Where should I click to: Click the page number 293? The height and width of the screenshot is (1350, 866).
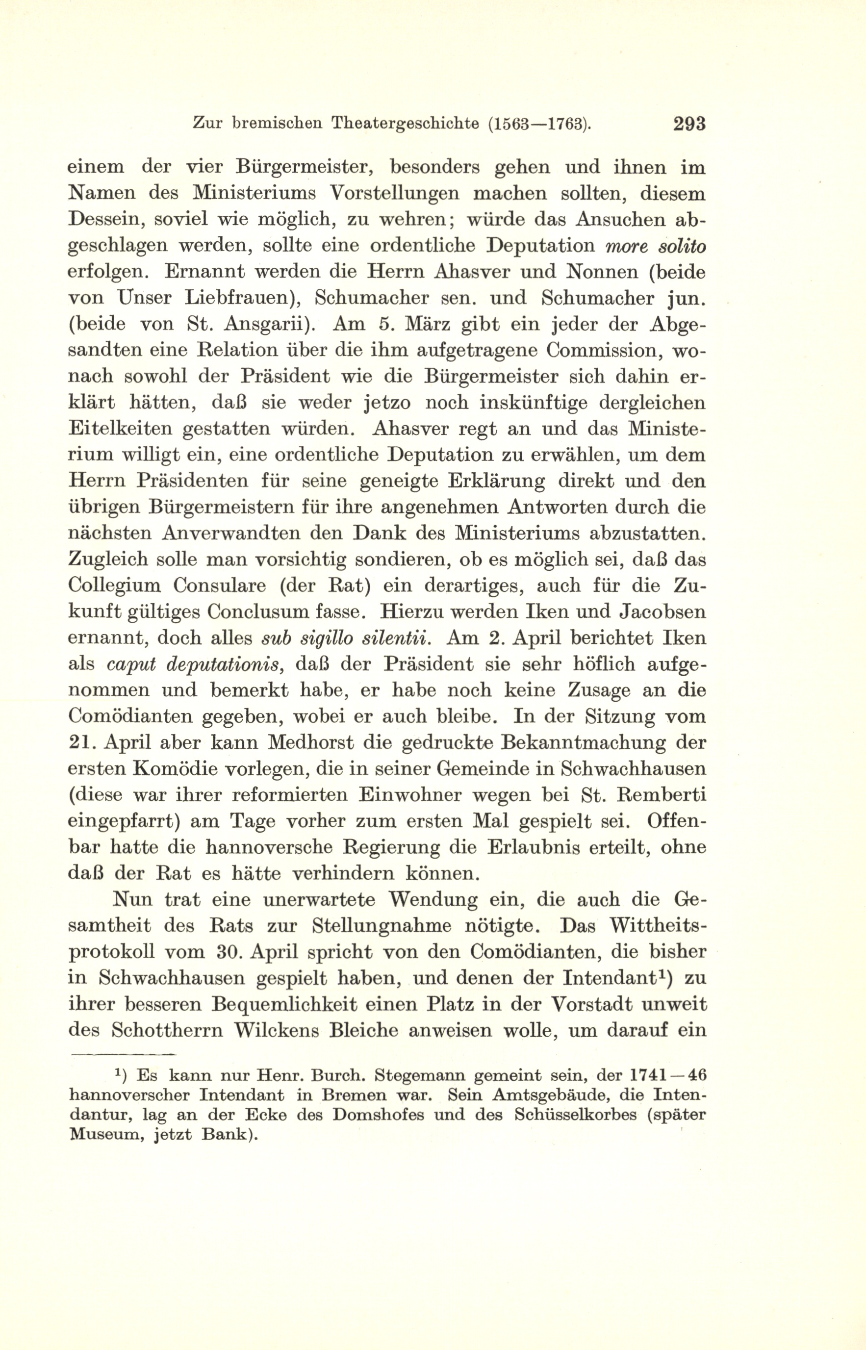(688, 124)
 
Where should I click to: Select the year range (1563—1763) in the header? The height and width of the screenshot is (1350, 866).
(539, 124)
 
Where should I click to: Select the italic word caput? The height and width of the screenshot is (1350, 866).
(127, 664)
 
